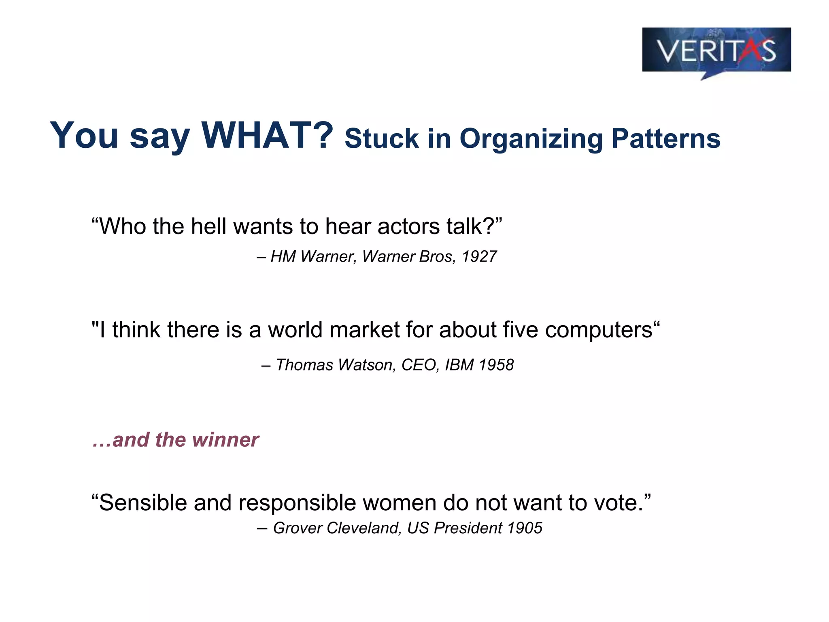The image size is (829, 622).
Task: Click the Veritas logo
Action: pos(716,51)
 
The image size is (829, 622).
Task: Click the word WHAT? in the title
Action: pos(267,135)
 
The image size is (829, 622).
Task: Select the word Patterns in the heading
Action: pos(666,138)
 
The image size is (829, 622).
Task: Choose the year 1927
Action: pos(479,257)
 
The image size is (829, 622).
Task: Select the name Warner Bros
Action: pos(408,257)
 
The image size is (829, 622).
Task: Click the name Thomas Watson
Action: pos(335,365)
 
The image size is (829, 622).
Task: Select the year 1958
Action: pos(496,365)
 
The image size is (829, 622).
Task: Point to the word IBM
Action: pos(459,365)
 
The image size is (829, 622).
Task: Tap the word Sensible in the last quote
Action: pos(143,503)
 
